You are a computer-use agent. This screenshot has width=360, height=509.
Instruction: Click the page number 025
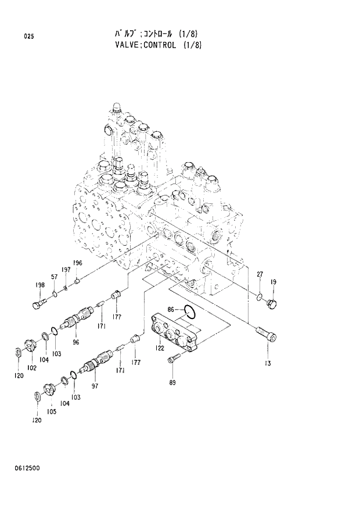tap(29, 37)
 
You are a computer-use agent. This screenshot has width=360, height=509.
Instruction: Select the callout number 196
tap(78, 264)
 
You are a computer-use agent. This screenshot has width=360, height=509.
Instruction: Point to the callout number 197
tap(66, 270)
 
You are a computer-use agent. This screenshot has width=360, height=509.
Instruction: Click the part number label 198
tap(39, 285)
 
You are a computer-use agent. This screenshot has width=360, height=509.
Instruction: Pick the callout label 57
tap(54, 277)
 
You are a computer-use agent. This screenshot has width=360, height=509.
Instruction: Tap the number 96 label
tap(75, 342)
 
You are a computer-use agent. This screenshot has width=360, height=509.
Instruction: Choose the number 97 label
tap(94, 385)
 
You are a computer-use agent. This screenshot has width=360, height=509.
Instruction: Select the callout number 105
tap(52, 411)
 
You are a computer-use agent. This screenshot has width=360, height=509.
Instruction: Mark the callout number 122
tap(159, 348)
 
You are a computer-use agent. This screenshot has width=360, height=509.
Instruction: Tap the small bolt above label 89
tap(172, 362)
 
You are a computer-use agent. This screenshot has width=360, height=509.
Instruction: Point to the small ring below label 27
tap(260, 299)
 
